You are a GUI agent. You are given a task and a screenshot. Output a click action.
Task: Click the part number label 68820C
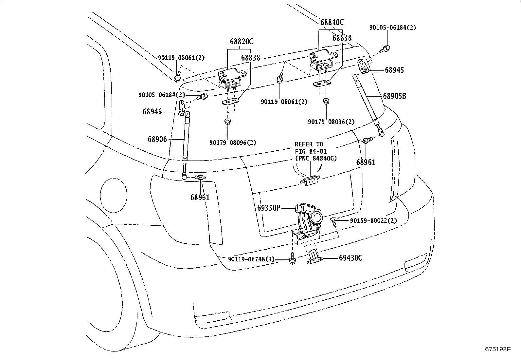[241, 42]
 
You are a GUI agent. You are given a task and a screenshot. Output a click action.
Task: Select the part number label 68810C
[332, 22]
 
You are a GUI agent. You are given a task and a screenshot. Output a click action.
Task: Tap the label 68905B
[394, 96]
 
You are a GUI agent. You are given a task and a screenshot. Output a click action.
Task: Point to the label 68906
[157, 140]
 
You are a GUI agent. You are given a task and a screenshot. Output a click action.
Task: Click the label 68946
[152, 112]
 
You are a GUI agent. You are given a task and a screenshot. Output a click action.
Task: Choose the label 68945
[394, 70]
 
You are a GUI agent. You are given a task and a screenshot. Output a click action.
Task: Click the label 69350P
[269, 208]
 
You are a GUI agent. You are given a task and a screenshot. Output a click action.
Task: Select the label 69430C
[350, 258]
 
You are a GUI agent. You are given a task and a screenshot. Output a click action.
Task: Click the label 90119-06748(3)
[251, 259]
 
